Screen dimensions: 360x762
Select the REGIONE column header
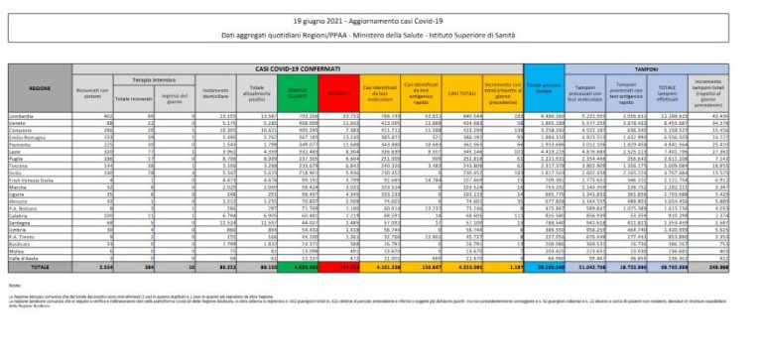click(41, 88)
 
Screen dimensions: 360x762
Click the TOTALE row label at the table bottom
click(41, 265)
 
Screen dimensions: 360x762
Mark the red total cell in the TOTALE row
click(338, 265)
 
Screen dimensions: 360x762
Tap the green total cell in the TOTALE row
click(297, 265)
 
